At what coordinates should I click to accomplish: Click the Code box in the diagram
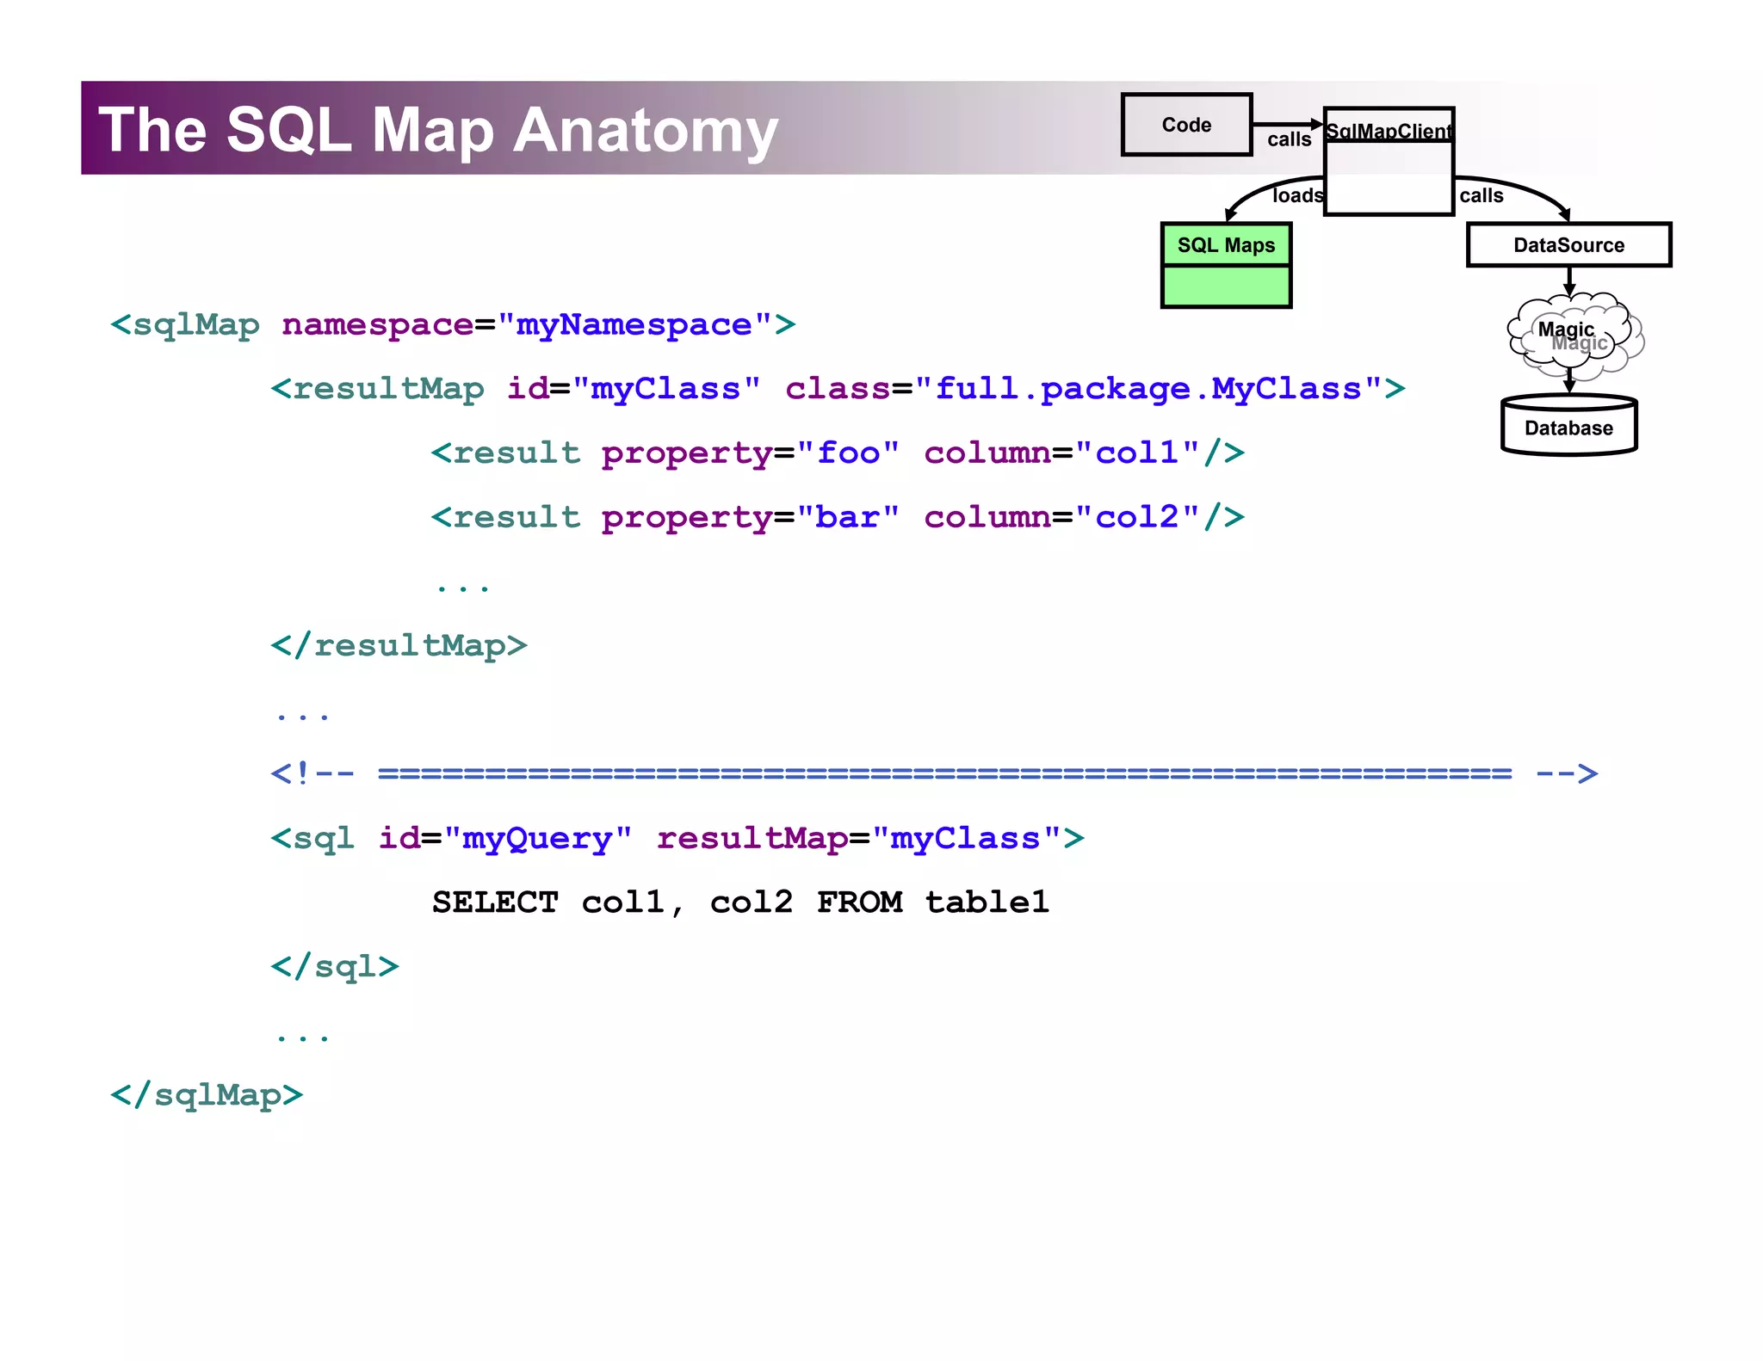click(x=1185, y=125)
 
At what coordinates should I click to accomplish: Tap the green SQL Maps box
click(x=1226, y=265)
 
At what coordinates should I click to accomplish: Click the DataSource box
click(x=1568, y=245)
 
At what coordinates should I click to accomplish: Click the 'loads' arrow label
click(x=1296, y=196)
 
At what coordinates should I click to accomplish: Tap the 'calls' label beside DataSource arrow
click(x=1481, y=196)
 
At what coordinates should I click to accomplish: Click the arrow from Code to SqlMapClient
click(x=1286, y=124)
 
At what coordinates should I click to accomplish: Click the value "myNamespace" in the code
click(x=634, y=325)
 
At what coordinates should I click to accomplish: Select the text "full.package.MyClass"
click(x=1147, y=389)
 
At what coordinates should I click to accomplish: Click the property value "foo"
click(x=848, y=453)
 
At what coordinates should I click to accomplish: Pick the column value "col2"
click(x=1136, y=517)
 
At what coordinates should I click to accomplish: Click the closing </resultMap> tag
click(x=399, y=645)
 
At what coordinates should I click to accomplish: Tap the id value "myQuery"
click(x=537, y=838)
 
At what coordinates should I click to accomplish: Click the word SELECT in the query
click(x=495, y=902)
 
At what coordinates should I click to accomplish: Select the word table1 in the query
click(x=987, y=902)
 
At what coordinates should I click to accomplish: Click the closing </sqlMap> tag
click(x=207, y=1095)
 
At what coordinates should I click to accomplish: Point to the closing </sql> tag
click(x=335, y=967)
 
